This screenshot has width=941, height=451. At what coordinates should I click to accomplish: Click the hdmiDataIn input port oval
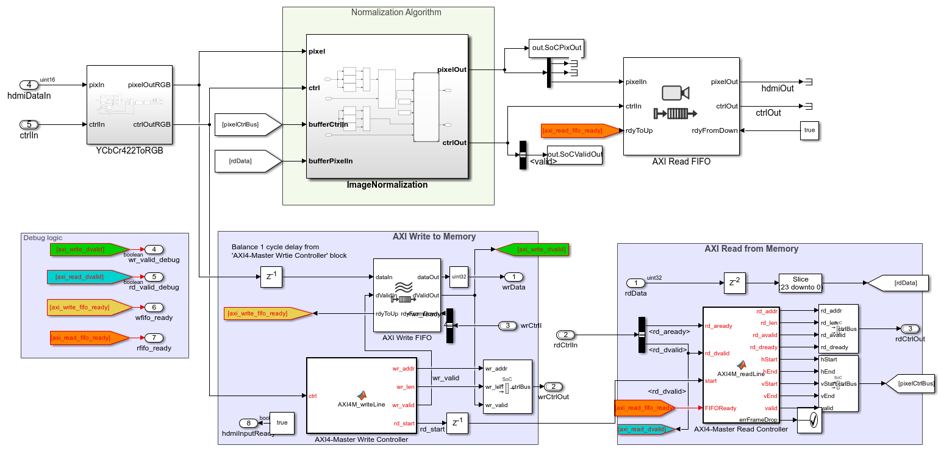(29, 85)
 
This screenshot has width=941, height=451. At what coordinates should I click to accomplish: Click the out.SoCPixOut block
(556, 49)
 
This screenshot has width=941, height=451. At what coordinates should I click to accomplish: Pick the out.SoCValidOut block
(574, 154)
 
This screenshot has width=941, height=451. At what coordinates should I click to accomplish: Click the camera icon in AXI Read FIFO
(675, 93)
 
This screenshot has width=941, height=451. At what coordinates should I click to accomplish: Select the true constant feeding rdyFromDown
(809, 130)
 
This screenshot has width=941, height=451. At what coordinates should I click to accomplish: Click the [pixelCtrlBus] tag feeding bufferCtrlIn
(247, 124)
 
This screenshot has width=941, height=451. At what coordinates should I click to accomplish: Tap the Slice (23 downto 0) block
(800, 283)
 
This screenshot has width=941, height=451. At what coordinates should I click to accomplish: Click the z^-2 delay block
(734, 283)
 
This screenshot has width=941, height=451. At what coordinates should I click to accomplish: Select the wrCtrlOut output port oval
(553, 386)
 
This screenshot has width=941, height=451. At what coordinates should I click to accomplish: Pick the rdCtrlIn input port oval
(566, 335)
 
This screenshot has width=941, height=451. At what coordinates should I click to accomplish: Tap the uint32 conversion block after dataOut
(459, 277)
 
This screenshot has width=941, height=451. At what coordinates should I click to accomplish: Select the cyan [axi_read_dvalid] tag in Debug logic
(87, 277)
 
